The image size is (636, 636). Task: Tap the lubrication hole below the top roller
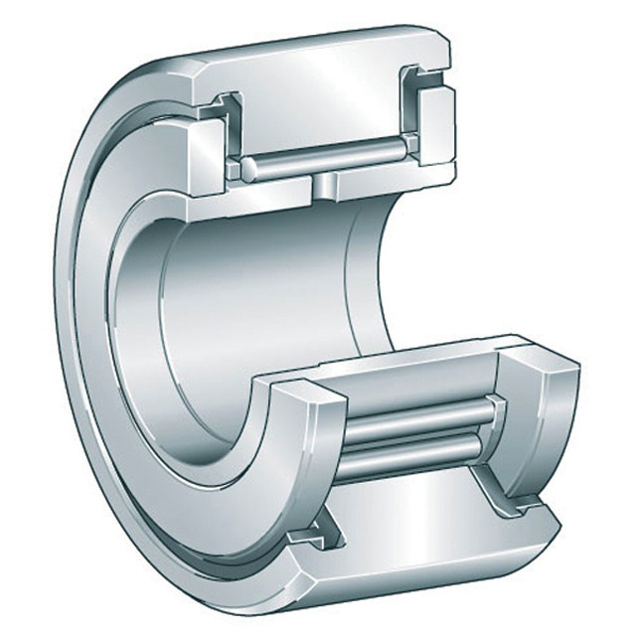[325, 185]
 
